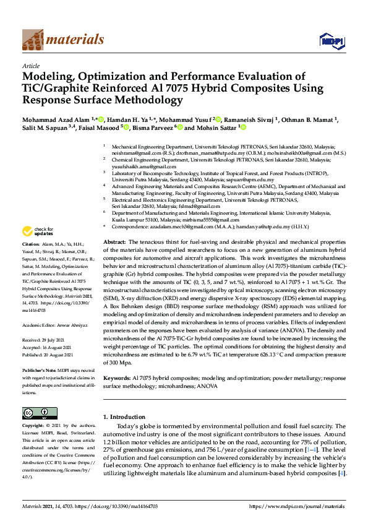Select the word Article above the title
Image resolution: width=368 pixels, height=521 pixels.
click(x=30, y=65)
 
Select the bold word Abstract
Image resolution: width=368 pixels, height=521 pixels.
click(x=115, y=242)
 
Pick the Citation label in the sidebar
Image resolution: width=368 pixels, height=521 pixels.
click(x=32, y=262)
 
